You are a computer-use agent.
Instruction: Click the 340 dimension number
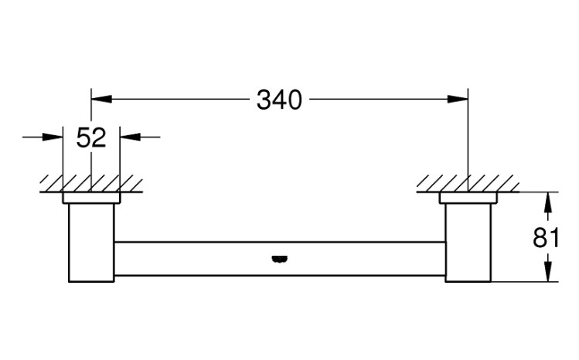coord(279,100)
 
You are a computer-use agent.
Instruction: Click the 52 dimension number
coord(91,138)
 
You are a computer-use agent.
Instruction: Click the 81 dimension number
coord(546,237)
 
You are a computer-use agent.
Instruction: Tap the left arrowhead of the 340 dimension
coord(101,99)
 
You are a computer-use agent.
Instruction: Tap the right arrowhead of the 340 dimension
coord(458,99)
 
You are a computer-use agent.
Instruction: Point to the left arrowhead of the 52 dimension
coord(53,137)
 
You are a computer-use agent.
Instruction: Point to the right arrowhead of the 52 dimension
coord(131,137)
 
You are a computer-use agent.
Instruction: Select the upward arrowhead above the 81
coord(548,202)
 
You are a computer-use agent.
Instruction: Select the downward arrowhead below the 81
coord(548,271)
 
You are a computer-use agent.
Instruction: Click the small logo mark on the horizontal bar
coord(280,260)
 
